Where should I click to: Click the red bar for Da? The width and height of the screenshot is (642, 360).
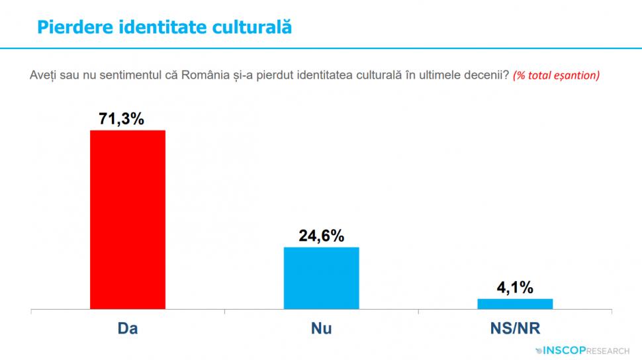[x=127, y=219]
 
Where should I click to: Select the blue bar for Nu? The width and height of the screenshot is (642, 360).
[x=321, y=277]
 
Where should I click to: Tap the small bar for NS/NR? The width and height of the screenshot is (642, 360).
[x=515, y=304]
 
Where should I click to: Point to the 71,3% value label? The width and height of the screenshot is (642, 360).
[x=122, y=119]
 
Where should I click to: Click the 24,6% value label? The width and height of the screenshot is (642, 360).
[x=321, y=236]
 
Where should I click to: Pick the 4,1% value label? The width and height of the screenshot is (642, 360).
[x=515, y=288]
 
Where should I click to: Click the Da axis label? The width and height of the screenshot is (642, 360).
[x=127, y=329]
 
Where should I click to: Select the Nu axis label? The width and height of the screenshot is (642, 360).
[x=321, y=329]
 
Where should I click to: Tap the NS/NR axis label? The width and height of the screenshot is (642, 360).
[x=515, y=329]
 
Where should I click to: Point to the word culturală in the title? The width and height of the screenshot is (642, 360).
[x=252, y=28]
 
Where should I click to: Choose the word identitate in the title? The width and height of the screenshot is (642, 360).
[x=163, y=28]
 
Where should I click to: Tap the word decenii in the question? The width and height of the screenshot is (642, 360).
[x=488, y=75]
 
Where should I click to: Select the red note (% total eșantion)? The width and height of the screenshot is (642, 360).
[x=556, y=75]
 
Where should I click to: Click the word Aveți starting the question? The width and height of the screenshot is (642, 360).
[x=44, y=75]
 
